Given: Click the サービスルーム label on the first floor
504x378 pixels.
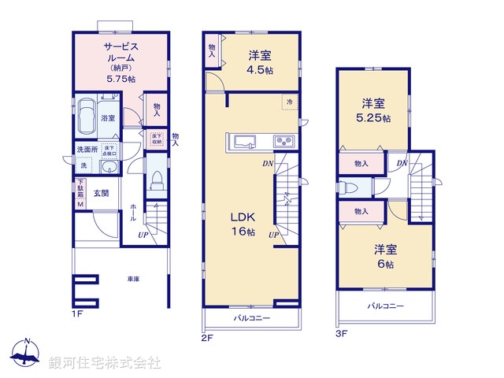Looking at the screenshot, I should tap(121, 52).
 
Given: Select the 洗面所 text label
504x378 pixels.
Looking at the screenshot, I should tap(86, 149).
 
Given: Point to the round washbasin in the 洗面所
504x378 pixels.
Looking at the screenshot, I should tap(109, 168).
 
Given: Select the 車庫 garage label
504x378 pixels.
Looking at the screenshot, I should tap(134, 279).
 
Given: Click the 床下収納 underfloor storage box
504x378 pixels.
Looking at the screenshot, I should tap(157, 139).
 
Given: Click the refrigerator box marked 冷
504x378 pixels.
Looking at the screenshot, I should tap(289, 101).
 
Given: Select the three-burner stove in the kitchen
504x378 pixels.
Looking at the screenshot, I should tap(283, 142).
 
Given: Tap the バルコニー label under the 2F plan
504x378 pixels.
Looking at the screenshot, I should tap(251, 319).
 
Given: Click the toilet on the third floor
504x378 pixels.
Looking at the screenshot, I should tap(349, 187).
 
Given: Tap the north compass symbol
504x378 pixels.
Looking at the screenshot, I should tap(26, 353).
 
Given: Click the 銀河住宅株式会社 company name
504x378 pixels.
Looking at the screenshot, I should tap(105, 362).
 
